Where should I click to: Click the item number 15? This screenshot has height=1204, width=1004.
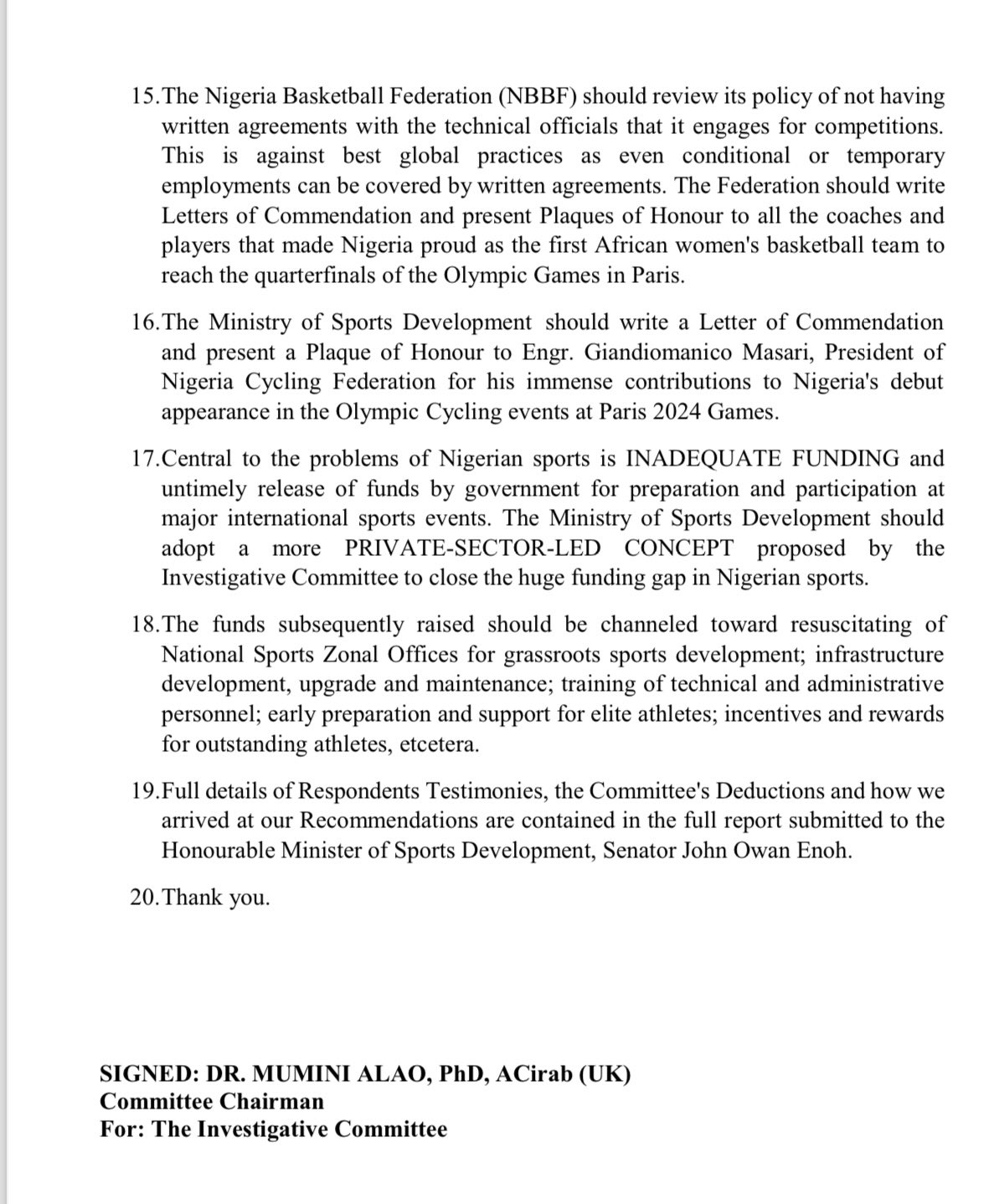[145, 97]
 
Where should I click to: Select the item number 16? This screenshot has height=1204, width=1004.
[145, 322]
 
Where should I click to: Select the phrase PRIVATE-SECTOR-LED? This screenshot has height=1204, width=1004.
[472, 548]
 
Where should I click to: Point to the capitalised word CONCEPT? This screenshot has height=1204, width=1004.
[678, 548]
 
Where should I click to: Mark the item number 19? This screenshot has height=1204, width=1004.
[145, 791]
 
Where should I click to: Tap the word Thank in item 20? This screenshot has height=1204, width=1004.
[194, 898]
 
